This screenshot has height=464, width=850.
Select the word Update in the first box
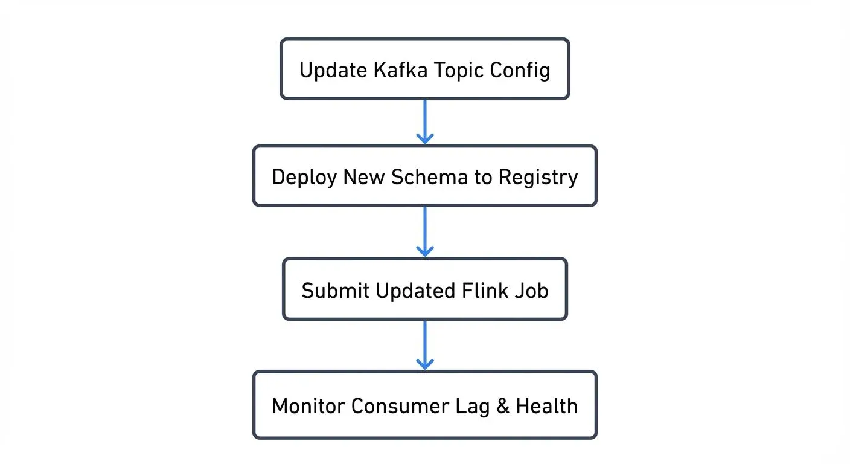click(x=333, y=70)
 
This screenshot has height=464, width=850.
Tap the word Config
click(x=520, y=70)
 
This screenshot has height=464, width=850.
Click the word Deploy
click(x=304, y=178)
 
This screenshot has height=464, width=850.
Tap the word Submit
click(x=335, y=291)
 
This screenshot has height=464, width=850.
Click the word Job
click(x=532, y=291)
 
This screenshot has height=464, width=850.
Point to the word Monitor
click(x=308, y=405)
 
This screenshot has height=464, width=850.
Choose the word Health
click(x=546, y=405)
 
